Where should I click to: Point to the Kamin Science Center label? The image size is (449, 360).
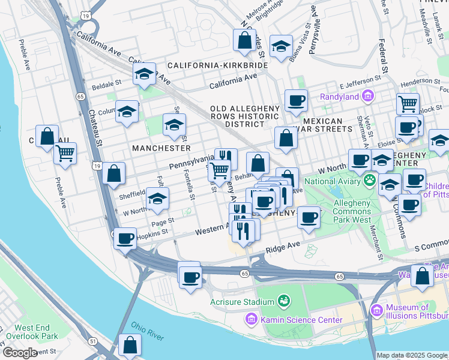301,320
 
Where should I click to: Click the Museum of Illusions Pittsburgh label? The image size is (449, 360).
417,312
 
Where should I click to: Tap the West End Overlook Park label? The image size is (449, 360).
36,332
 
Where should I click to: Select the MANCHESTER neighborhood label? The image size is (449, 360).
161,148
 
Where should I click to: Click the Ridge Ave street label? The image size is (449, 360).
283,246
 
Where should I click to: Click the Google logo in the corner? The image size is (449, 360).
20,353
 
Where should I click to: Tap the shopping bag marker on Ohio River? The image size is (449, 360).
130,345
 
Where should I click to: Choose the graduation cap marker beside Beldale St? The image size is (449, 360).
144,74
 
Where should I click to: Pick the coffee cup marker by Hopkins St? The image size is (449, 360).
125,238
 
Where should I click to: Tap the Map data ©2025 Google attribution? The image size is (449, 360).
412,355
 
